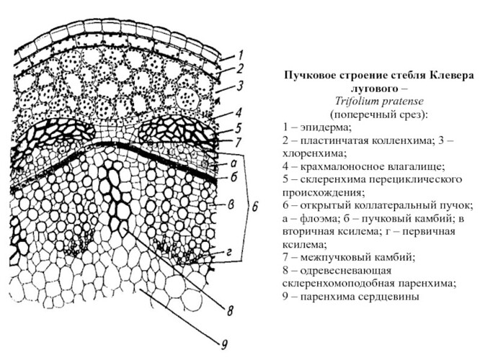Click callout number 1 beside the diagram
[x=241, y=55]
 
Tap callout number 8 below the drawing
[x=229, y=312]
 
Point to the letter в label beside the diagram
[x=231, y=204]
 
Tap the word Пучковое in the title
[x=311, y=76]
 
